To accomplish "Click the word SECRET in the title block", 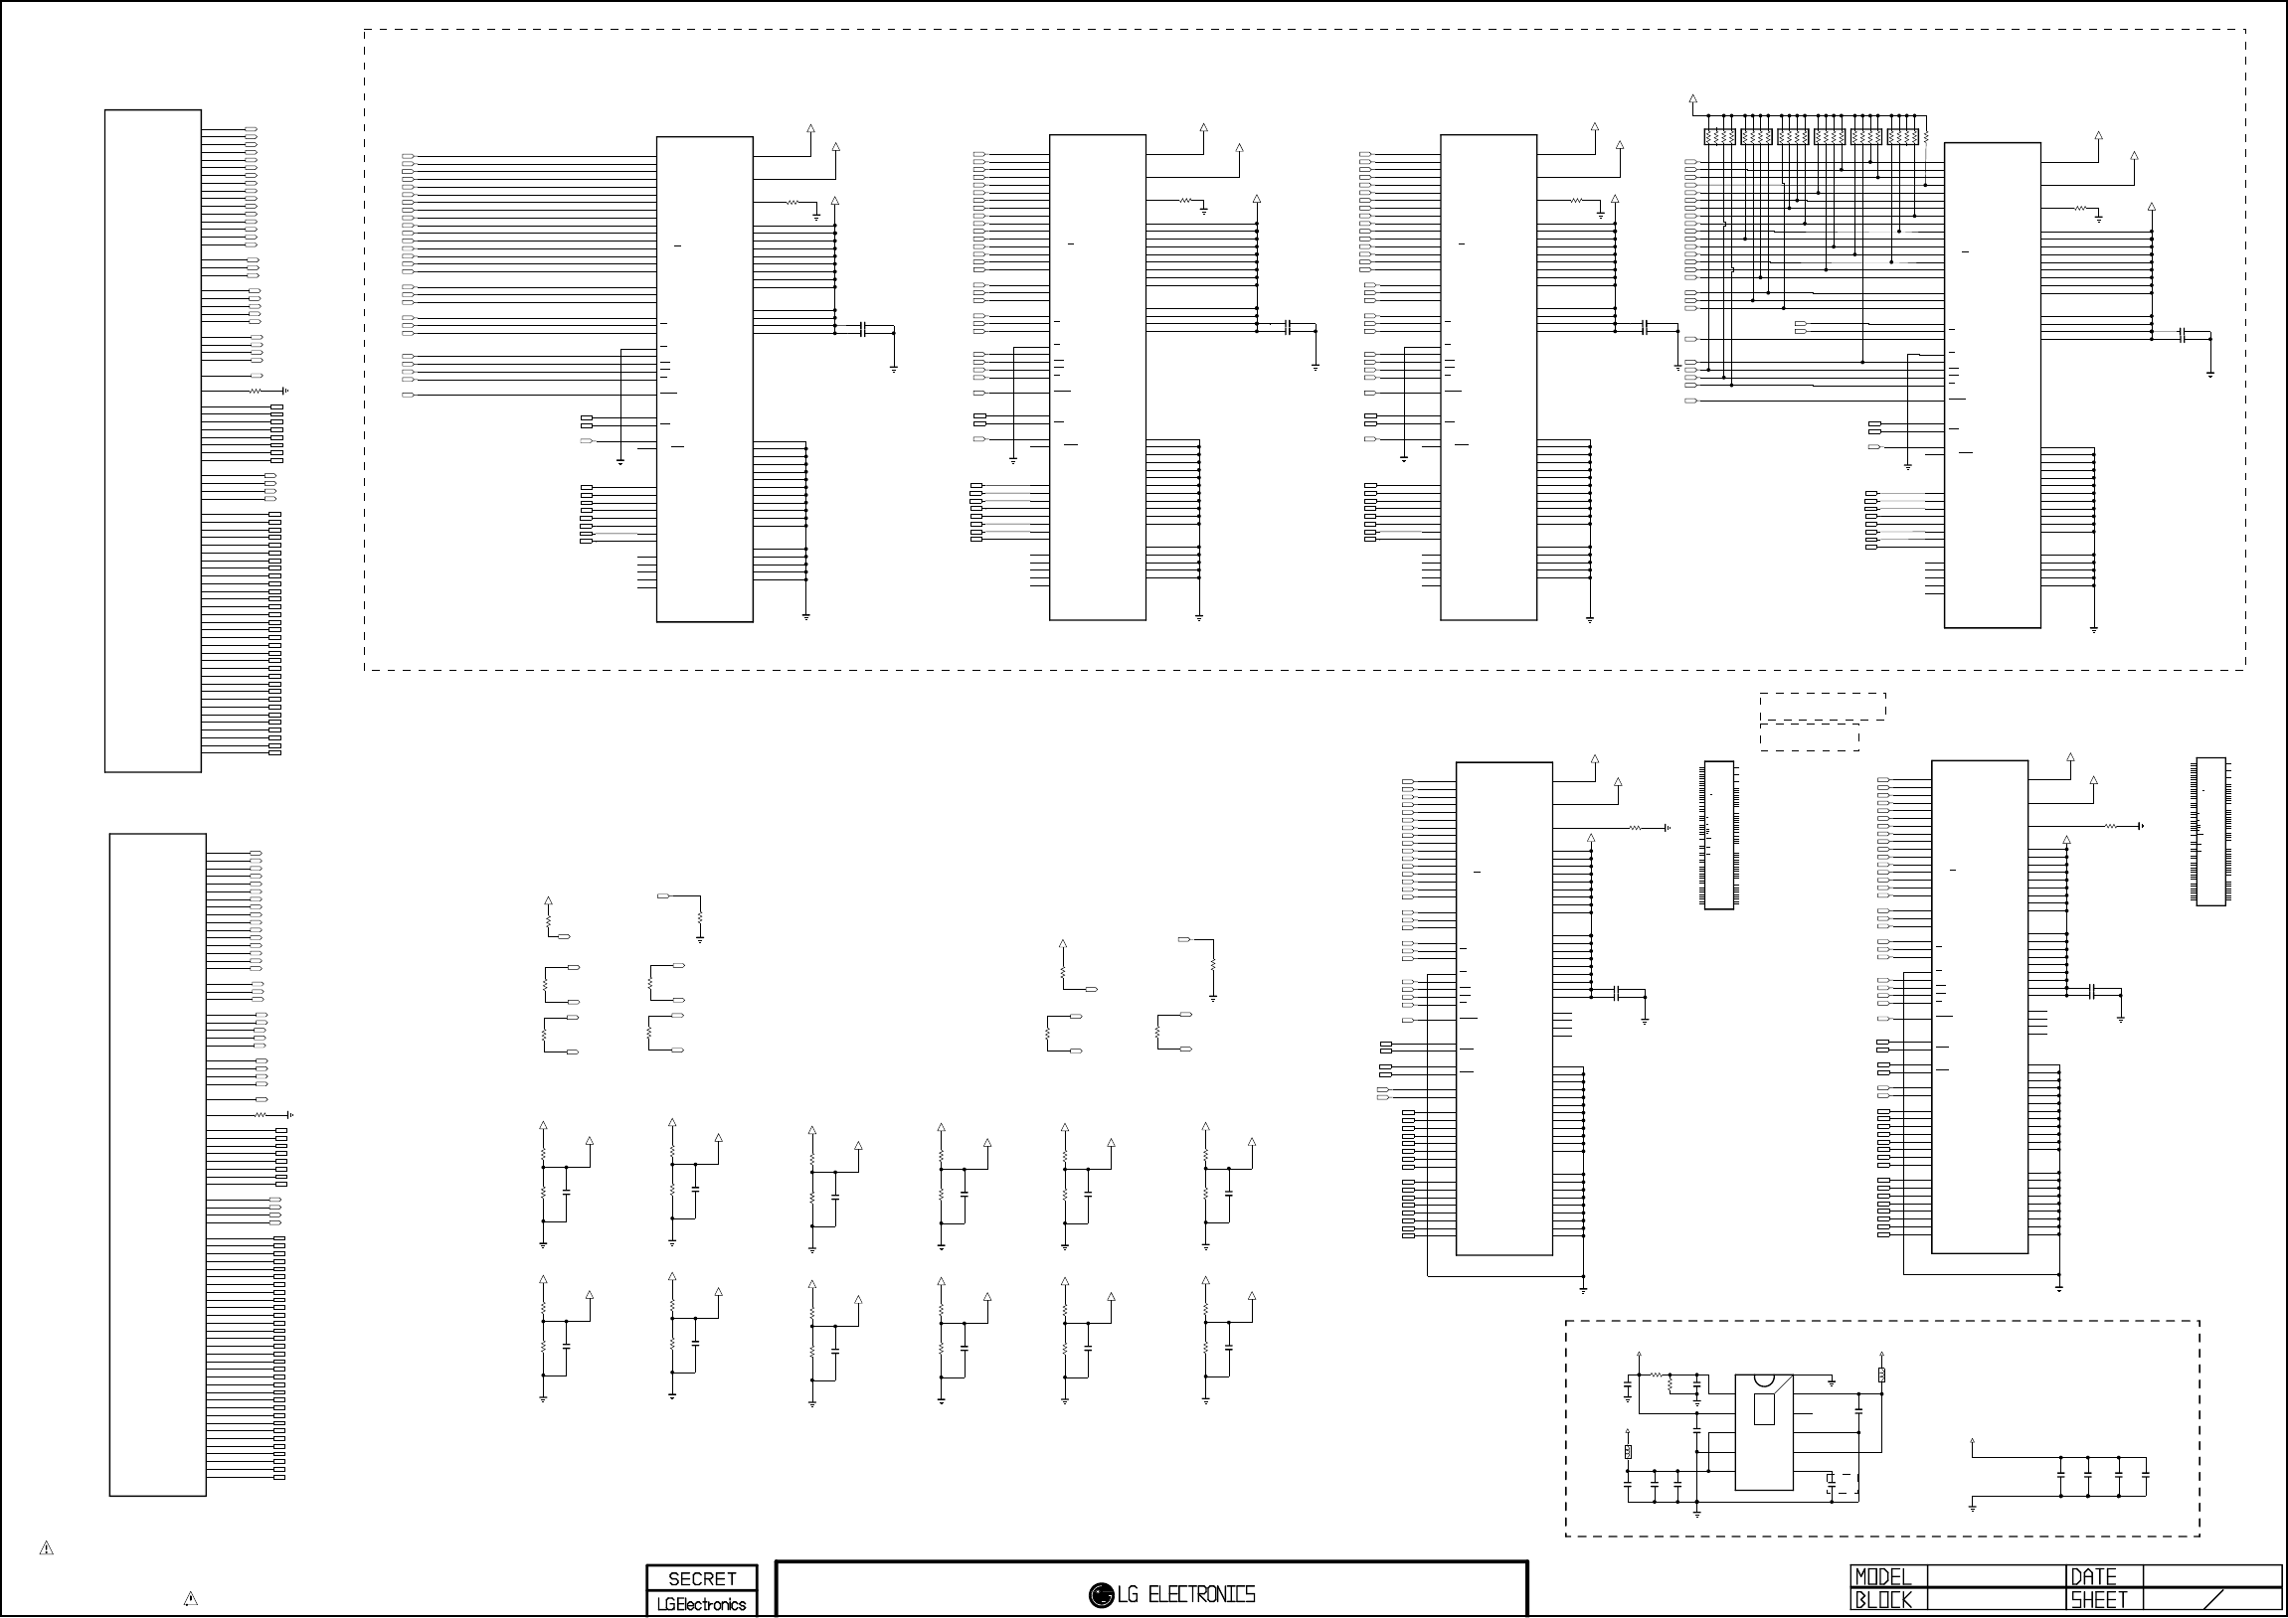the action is click(x=702, y=1579).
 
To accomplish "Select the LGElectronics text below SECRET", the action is click(x=702, y=1604).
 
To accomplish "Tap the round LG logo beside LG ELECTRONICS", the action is click(x=1100, y=1595).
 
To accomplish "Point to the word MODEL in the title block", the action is click(x=1883, y=1577).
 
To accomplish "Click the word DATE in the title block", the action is click(x=2093, y=1577).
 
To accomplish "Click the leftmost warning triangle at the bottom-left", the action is click(x=46, y=1548).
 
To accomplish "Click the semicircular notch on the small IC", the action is click(x=1764, y=1380).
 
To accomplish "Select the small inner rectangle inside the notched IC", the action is click(x=1764, y=1409).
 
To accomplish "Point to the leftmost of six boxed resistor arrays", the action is click(x=1720, y=136).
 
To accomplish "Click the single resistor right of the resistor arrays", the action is click(x=1925, y=136).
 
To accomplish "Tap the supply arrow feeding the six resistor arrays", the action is click(x=1693, y=99).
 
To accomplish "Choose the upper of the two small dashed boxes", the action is click(x=1823, y=707).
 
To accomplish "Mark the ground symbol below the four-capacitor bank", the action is click(x=1972, y=1508).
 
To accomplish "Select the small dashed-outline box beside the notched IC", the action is click(x=1844, y=1484).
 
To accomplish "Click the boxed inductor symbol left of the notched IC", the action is click(x=1629, y=1453).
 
